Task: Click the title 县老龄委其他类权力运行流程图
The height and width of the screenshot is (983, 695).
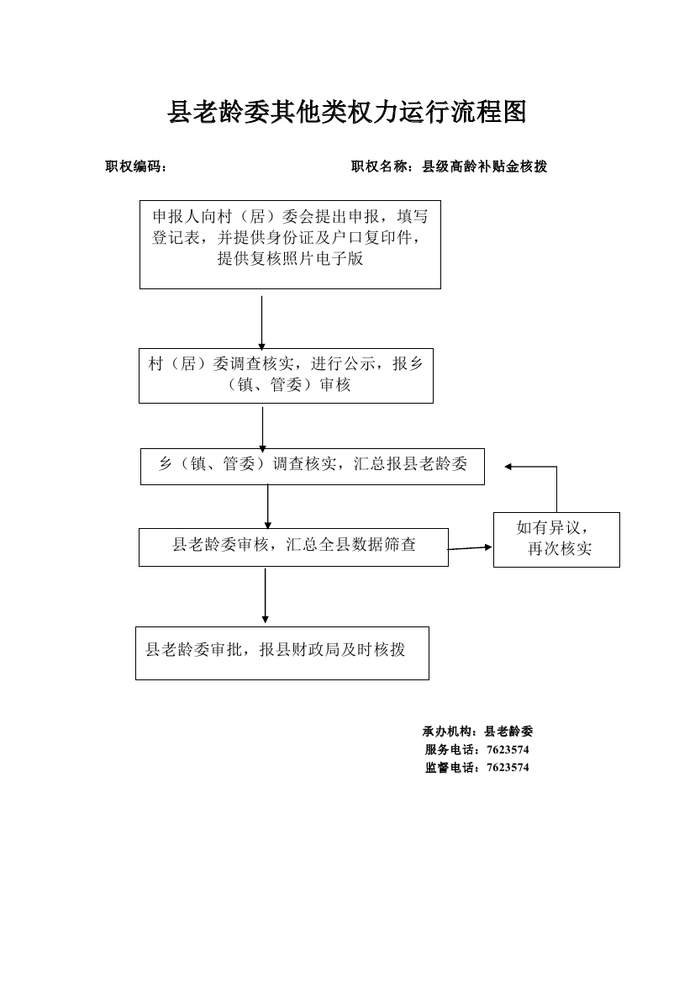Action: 346,112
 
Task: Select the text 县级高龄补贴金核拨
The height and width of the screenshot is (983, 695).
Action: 484,166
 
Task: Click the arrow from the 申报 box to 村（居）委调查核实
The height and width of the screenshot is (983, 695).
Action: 261,324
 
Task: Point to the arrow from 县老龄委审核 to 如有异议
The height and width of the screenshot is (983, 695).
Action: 470,548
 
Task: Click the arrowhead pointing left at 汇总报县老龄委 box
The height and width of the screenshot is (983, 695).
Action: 508,467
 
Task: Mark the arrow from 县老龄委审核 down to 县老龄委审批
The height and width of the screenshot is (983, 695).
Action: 265,595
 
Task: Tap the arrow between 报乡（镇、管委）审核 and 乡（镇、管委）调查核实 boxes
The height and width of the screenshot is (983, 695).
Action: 262,429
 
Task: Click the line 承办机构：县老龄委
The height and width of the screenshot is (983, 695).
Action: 477,731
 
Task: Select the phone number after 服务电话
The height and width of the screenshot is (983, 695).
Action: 508,749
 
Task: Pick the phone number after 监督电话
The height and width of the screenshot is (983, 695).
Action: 508,768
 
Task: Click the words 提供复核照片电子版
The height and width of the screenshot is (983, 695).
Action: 290,258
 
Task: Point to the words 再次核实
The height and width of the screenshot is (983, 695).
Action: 560,549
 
